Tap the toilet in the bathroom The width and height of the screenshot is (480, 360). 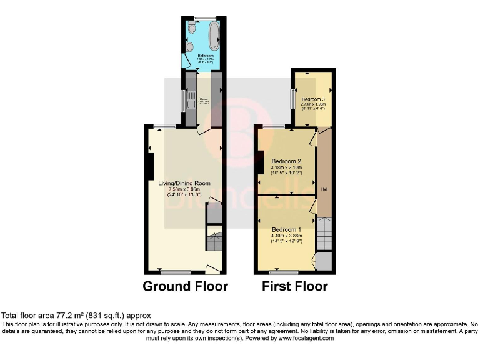coord(192,28)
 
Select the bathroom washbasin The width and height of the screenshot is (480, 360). coord(189,46)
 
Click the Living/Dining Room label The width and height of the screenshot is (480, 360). coord(184,183)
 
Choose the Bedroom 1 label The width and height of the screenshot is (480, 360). coord(286,229)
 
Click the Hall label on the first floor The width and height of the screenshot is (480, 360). coord(324,189)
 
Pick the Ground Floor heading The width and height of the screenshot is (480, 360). coord(185,287)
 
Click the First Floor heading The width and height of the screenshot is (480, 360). coord(296,287)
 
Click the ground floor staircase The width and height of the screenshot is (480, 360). coord(214,241)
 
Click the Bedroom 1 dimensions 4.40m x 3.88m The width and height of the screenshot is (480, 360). coord(286,236)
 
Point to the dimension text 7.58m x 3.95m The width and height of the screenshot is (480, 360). coord(184,189)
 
